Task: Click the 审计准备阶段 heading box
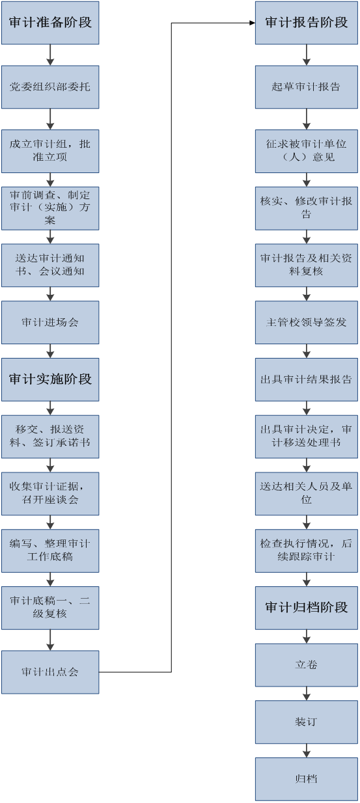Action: (50, 23)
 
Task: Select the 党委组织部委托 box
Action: (50, 87)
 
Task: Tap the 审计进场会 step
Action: (50, 323)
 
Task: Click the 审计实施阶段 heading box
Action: (50, 379)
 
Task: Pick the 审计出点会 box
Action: (50, 672)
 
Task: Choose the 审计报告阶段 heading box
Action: (307, 23)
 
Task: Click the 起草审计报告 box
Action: (307, 87)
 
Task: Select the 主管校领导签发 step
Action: (307, 323)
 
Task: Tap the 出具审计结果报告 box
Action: (307, 379)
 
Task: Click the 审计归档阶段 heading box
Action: (307, 608)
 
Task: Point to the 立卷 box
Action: (307, 665)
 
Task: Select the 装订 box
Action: (307, 722)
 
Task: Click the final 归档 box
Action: (307, 780)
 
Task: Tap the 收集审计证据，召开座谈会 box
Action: (50, 494)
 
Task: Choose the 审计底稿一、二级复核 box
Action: (50, 608)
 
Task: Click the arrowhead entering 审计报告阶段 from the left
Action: (252, 23)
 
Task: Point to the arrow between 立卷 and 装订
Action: (307, 694)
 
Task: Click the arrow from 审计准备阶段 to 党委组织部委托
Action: (50, 55)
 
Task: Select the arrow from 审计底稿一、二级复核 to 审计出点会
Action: (50, 640)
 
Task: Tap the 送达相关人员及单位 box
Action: (307, 494)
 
